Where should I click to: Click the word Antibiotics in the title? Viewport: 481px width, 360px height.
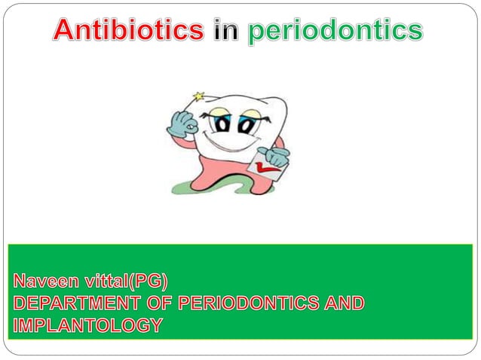[129, 30]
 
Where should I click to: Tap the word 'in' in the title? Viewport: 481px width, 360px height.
[225, 30]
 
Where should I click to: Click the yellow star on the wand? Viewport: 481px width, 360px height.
[200, 96]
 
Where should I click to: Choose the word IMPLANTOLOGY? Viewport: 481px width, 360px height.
[87, 325]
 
